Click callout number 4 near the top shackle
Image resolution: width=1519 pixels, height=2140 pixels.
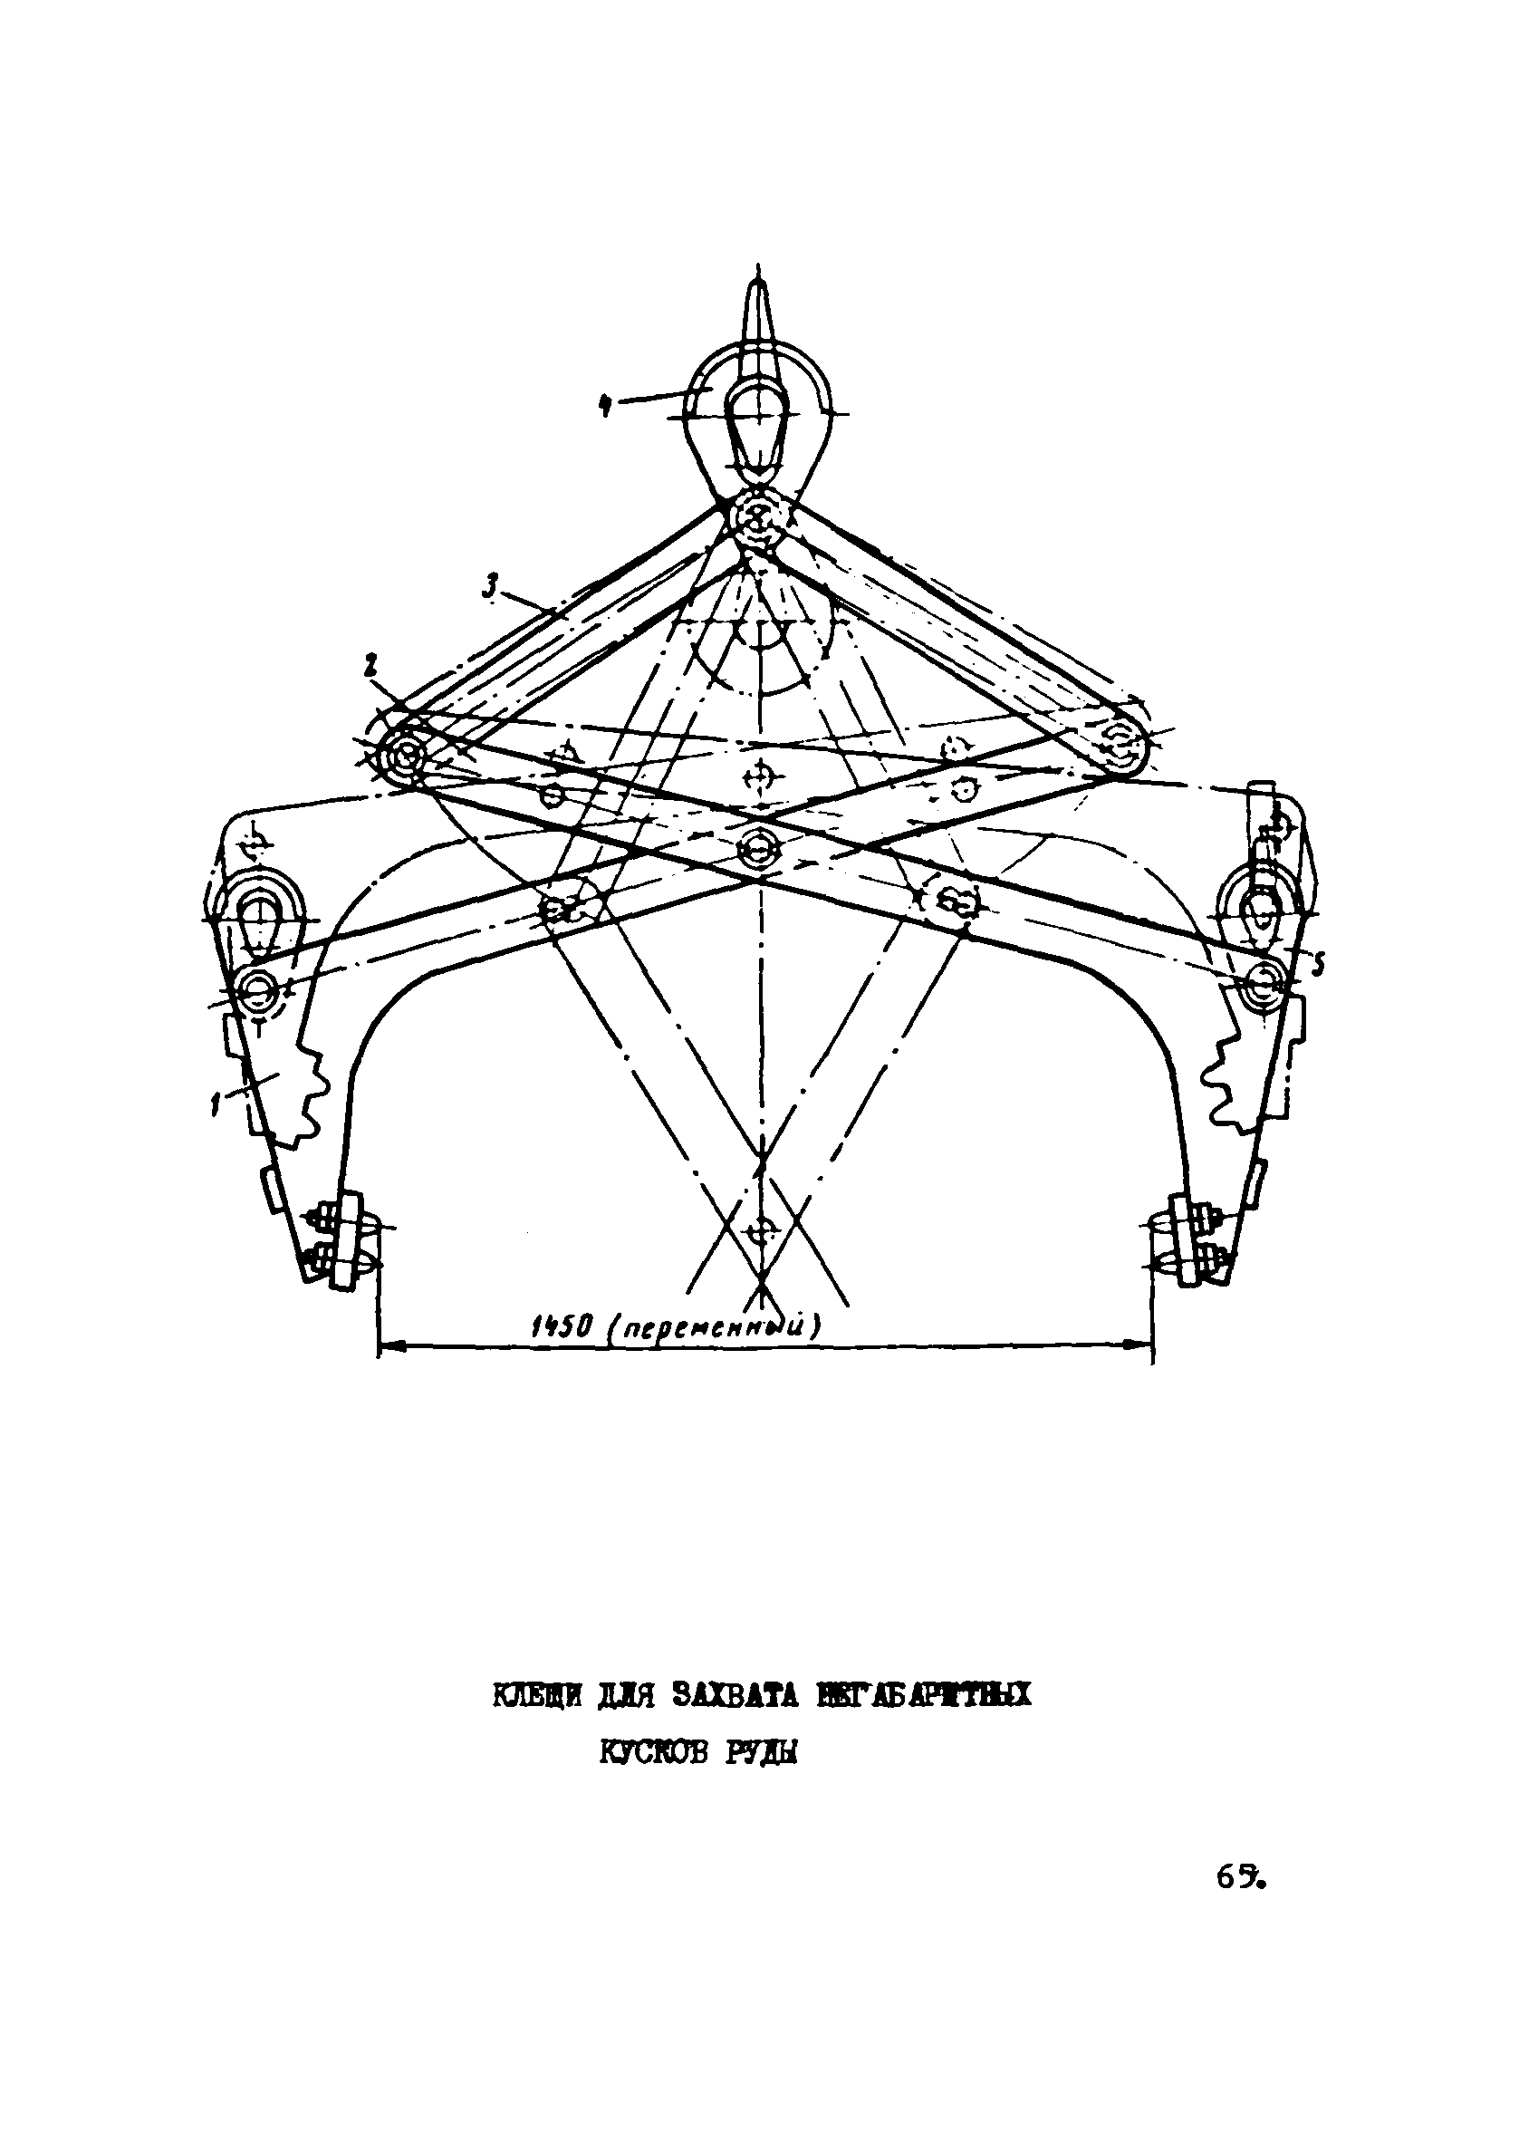coord(606,406)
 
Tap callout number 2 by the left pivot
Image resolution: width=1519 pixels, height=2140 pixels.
coord(370,667)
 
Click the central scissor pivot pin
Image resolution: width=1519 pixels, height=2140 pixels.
coord(757,848)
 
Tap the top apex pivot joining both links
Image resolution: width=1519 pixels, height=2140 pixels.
coord(757,516)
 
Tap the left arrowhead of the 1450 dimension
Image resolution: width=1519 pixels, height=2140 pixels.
coord(385,1346)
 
